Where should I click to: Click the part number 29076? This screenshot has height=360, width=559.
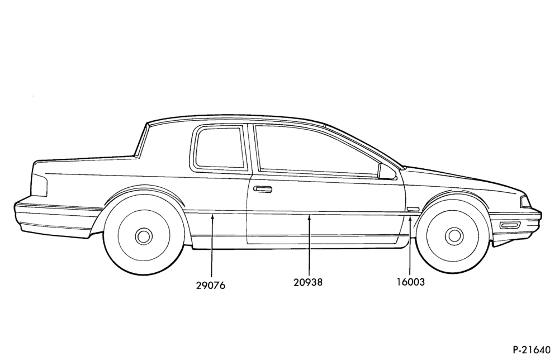(x=211, y=286)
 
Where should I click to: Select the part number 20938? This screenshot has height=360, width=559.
(x=308, y=282)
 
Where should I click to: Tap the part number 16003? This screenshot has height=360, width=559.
(x=411, y=282)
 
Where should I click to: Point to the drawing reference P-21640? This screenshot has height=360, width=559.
(x=532, y=350)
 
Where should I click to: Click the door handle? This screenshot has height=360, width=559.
(x=262, y=189)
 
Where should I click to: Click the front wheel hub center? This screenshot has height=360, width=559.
(x=454, y=236)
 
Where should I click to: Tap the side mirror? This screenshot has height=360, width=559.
(x=387, y=172)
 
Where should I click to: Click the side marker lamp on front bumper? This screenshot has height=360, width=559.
(x=509, y=225)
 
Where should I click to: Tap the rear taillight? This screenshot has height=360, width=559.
(x=39, y=181)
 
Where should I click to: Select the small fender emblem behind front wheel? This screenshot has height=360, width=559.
(x=413, y=209)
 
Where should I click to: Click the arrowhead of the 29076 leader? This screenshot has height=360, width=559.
(x=212, y=215)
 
